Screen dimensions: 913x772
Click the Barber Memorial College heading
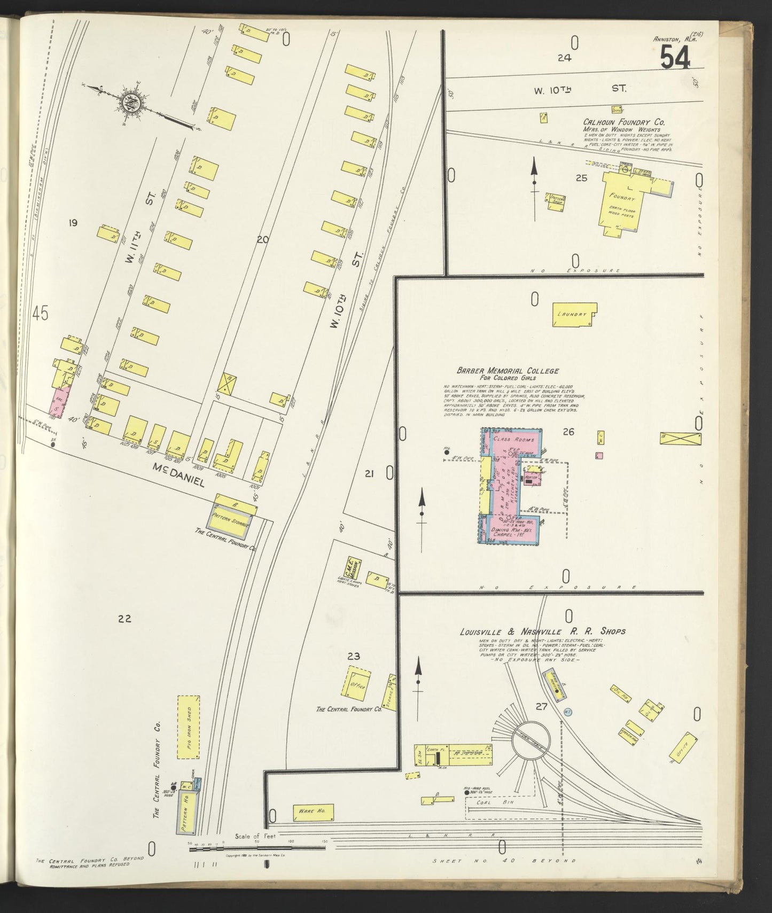click(507, 370)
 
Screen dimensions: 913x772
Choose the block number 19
click(73, 223)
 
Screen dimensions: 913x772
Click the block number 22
click(124, 619)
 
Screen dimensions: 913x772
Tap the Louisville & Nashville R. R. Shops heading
click(542, 631)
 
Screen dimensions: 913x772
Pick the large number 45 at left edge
click(40, 314)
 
